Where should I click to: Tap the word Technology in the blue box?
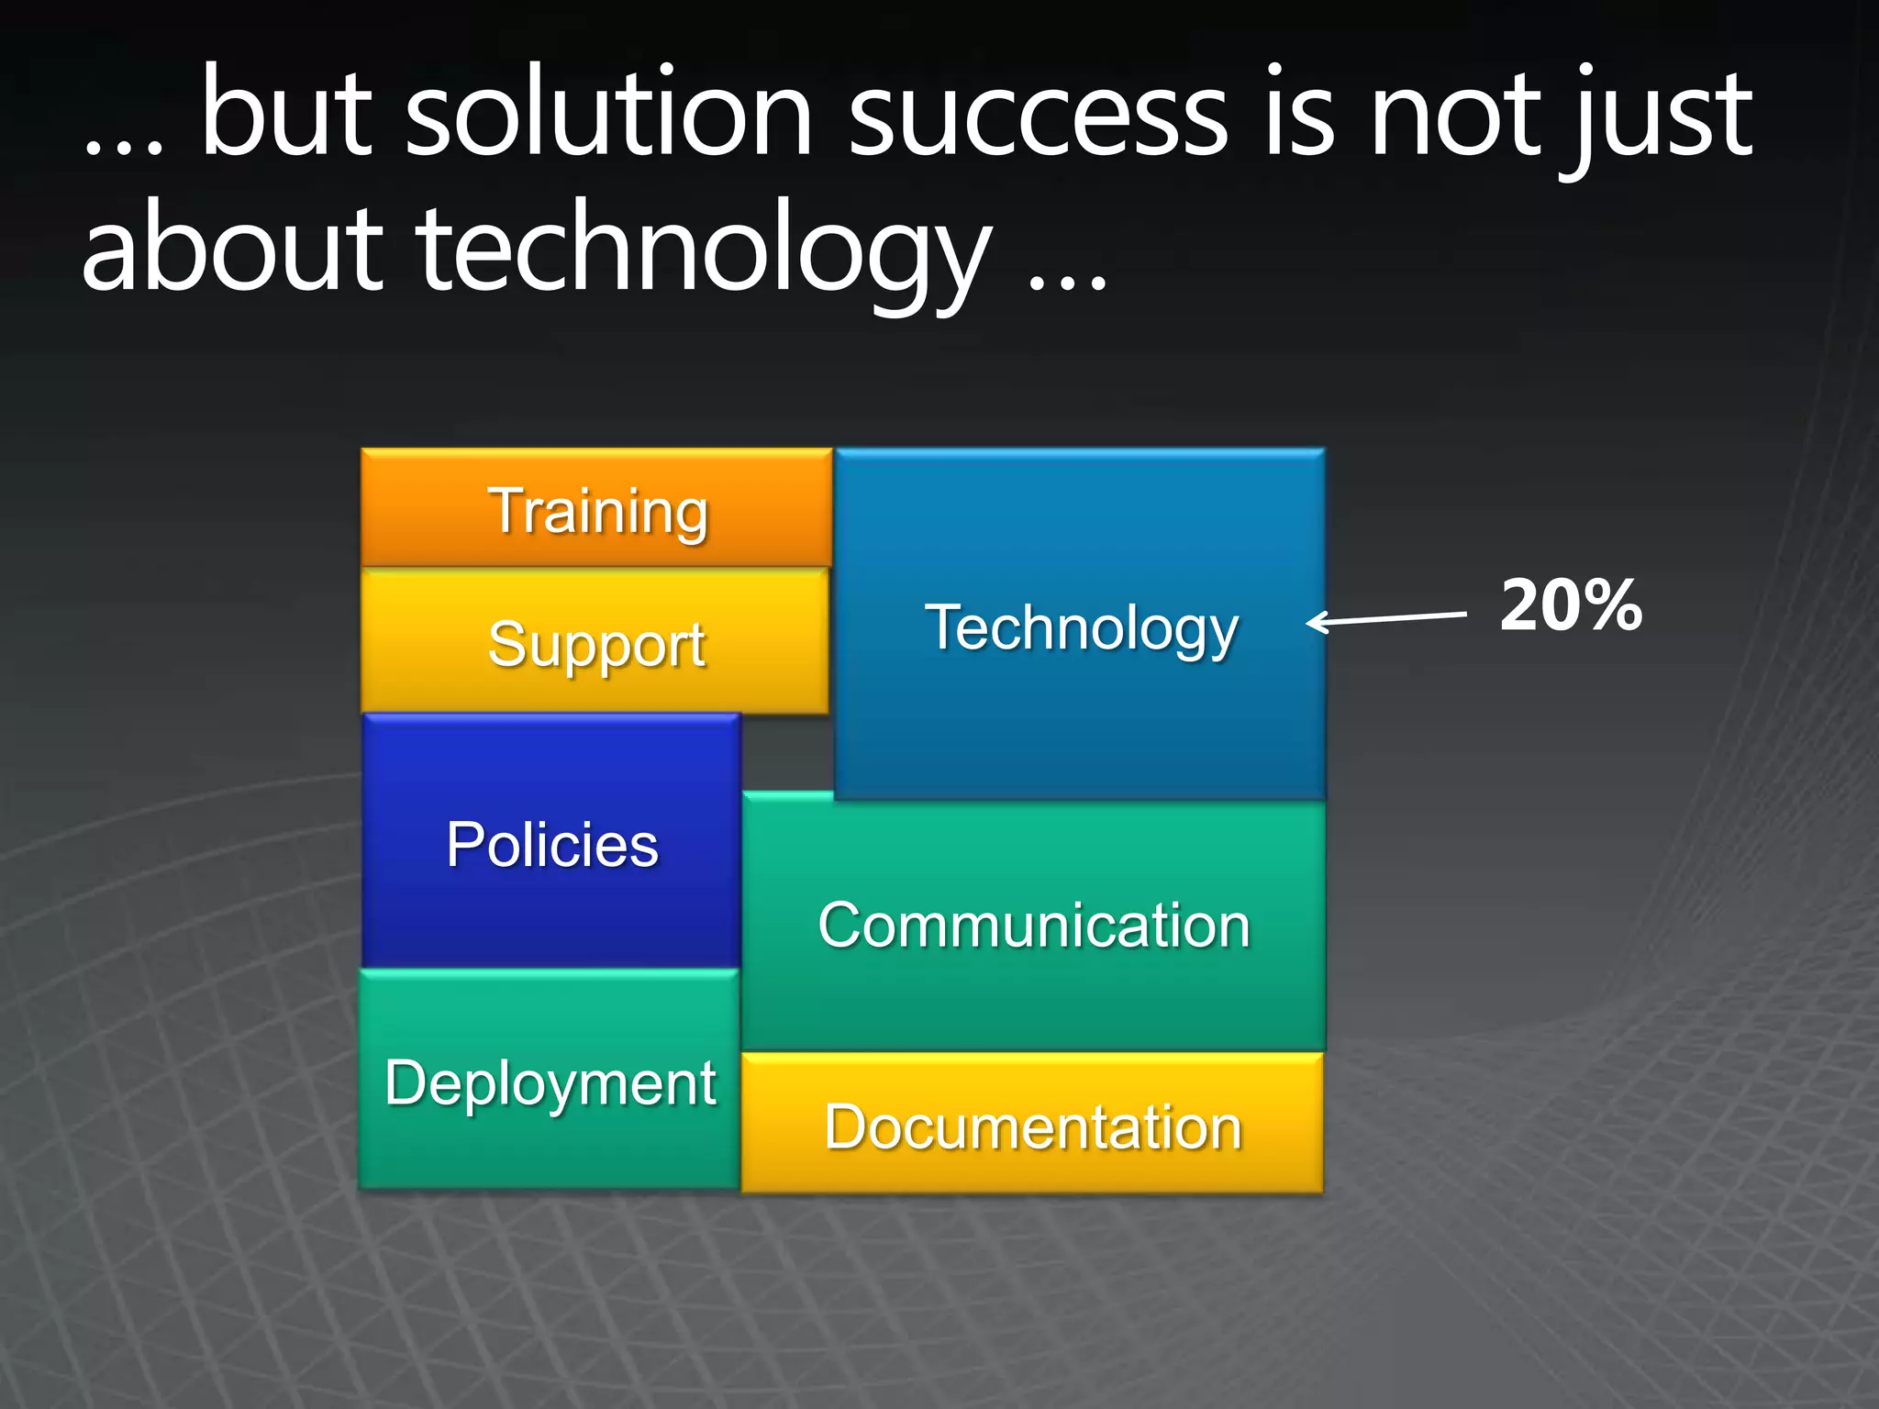(1081, 629)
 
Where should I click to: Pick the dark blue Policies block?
(551, 842)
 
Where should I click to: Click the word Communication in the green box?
(1034, 925)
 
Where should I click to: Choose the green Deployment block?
(550, 1082)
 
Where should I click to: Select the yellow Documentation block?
(1032, 1126)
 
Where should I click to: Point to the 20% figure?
(1571, 605)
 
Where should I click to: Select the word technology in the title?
(705, 252)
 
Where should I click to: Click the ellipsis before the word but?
(123, 147)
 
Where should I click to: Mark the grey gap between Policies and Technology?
(787, 752)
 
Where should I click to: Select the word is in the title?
(1298, 115)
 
